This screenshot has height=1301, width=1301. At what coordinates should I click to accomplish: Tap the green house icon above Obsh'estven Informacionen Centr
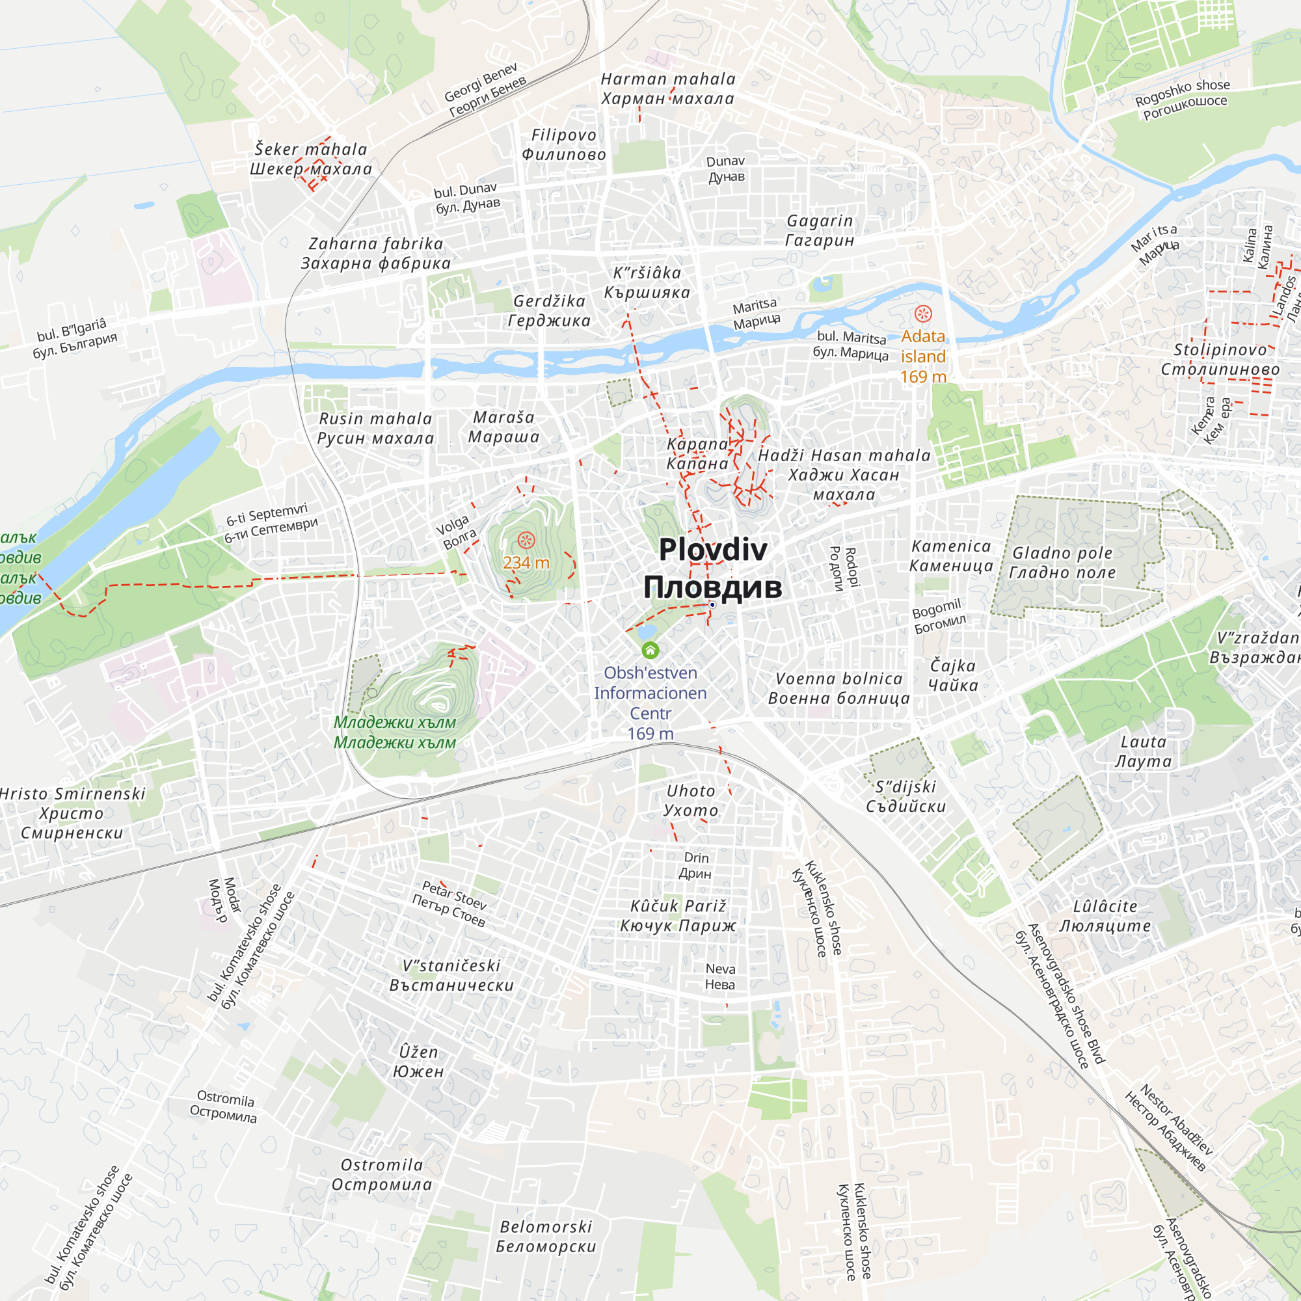pos(650,650)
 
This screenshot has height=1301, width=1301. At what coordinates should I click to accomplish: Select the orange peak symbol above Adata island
pos(922,314)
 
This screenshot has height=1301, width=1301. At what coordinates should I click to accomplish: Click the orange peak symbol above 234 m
pos(526,540)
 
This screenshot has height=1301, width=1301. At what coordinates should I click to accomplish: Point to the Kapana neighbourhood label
pos(697,454)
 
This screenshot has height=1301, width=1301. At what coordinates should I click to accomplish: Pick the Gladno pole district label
pos(1062,562)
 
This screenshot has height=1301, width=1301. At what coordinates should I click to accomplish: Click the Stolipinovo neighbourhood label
pos(1220,359)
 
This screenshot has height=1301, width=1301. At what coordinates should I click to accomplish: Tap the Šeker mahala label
pos(310,159)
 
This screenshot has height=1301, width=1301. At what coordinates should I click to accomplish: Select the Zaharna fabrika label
pos(376,253)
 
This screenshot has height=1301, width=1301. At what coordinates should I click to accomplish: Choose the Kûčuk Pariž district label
pos(678,916)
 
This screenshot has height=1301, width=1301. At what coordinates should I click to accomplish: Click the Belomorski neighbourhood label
pos(546,1237)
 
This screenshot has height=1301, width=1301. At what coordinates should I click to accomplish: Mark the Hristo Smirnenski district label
pos(72,812)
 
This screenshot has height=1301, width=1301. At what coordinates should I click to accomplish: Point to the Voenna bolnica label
pos(838,688)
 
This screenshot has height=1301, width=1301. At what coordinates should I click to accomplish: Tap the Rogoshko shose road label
pos(1183,99)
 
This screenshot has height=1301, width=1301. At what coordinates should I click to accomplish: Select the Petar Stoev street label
pos(451,902)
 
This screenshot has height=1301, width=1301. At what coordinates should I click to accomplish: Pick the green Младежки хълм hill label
pos(395,732)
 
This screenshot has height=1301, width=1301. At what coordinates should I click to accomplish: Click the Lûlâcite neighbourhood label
pos(1105,916)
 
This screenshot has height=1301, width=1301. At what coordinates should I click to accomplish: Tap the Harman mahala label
pos(667,89)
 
